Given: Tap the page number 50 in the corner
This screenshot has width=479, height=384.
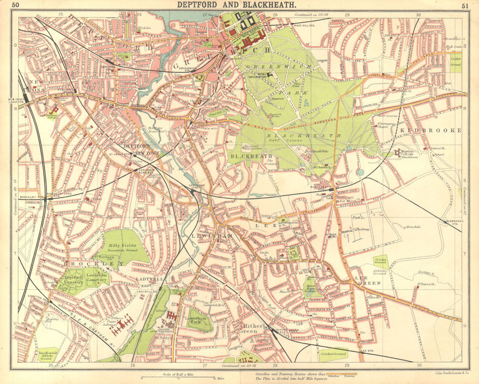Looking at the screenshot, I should (x=16, y=5).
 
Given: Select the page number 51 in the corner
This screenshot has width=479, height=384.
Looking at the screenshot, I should (x=465, y=6).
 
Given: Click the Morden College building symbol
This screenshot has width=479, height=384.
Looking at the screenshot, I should (x=398, y=153).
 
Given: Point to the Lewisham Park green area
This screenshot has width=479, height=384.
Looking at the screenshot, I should (x=199, y=320).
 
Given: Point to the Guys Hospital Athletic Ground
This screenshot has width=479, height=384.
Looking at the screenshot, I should (x=48, y=354).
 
